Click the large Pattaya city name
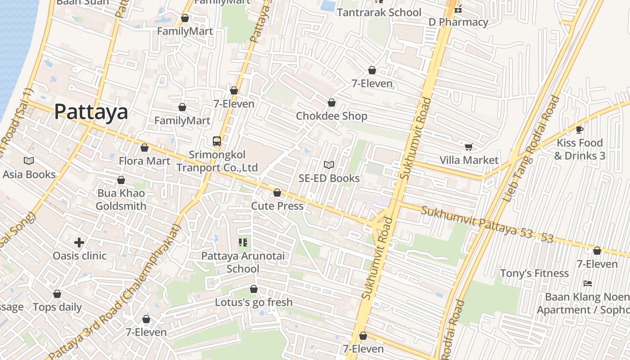click(91, 112)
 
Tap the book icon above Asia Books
click(29, 161)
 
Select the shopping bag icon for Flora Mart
click(144, 148)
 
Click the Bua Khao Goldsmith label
click(121, 200)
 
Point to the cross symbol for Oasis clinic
click(79, 243)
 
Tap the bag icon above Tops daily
click(57, 294)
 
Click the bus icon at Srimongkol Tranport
click(217, 141)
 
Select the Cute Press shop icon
click(277, 193)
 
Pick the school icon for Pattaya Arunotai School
click(243, 243)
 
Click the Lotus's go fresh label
click(254, 302)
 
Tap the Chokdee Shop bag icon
click(332, 103)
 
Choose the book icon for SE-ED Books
click(329, 165)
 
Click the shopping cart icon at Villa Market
click(468, 147)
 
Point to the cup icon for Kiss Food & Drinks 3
click(580, 130)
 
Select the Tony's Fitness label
click(535, 274)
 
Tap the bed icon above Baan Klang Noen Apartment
click(587, 283)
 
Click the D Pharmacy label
click(458, 22)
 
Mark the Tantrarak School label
click(379, 13)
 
